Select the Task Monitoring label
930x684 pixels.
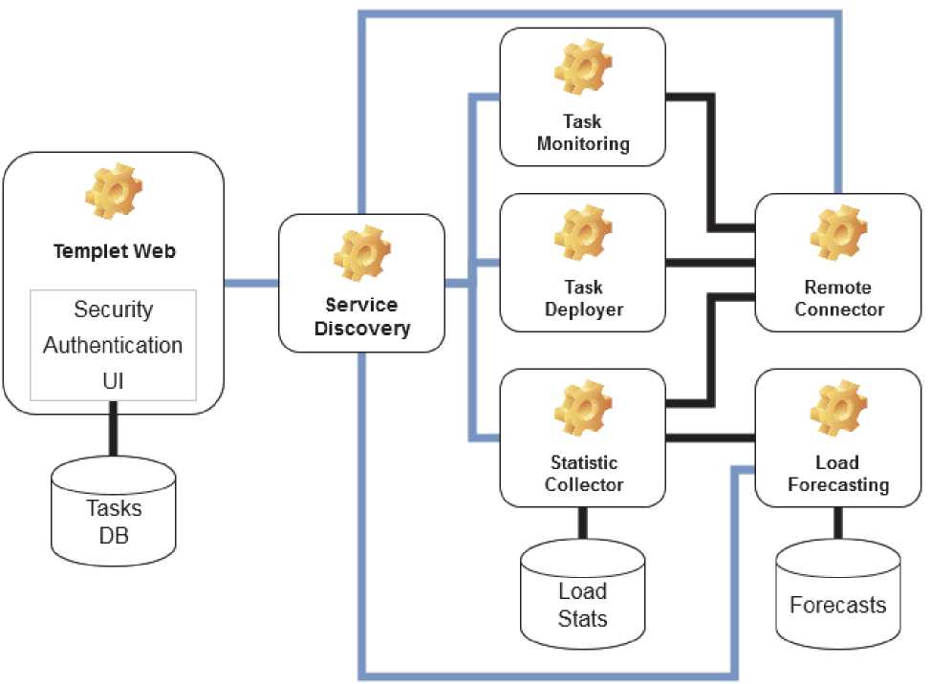tap(583, 134)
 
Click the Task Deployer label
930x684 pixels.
tap(583, 298)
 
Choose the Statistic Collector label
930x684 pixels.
tap(583, 474)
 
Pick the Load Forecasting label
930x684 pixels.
tap(837, 474)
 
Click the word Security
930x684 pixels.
tap(113, 310)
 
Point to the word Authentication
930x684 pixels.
tap(113, 345)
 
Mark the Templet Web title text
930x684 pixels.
tap(113, 252)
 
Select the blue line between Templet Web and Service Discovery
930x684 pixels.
tap(250, 284)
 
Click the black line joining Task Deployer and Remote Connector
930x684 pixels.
tap(709, 262)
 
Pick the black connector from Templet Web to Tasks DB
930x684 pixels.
tap(113, 436)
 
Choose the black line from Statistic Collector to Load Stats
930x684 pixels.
tap(582, 524)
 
